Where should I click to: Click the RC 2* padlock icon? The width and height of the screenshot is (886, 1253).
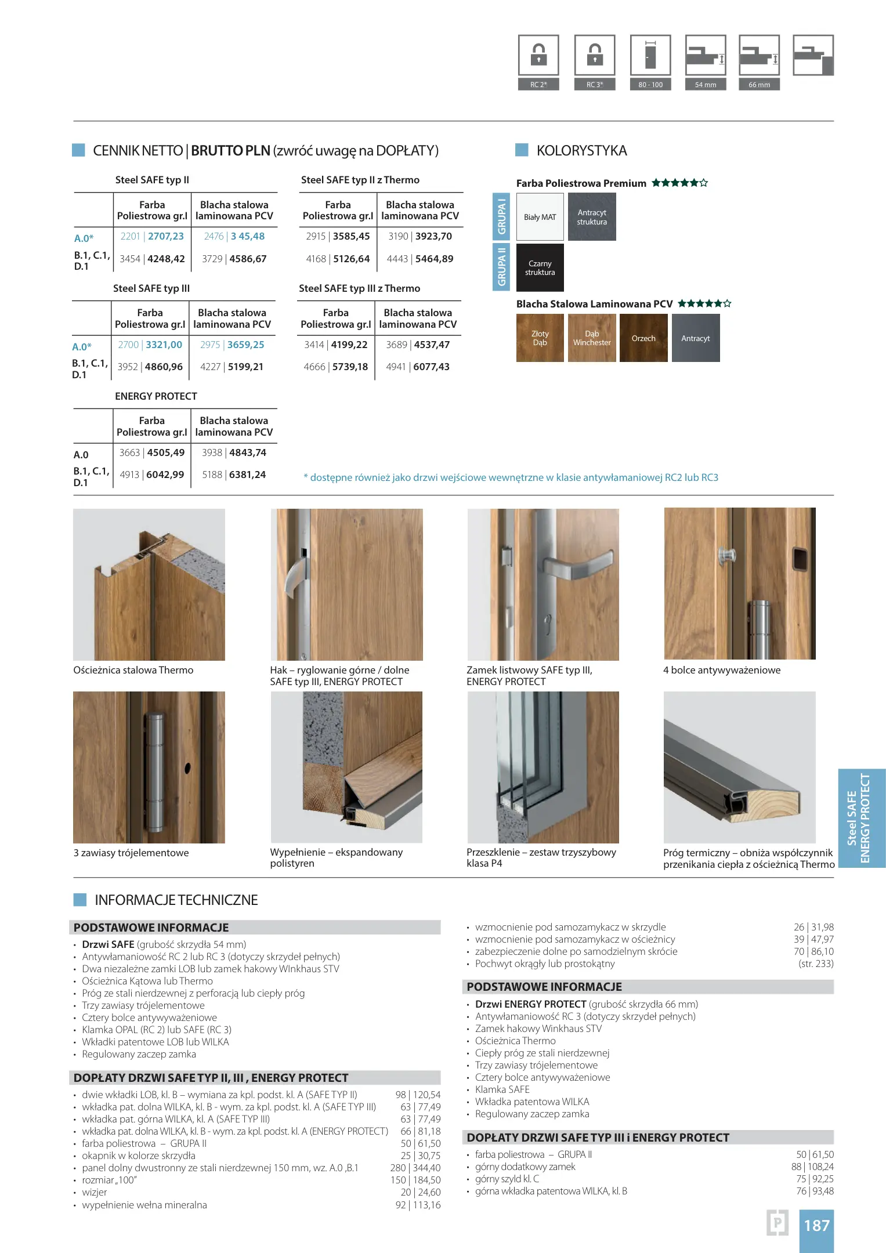pos(538,55)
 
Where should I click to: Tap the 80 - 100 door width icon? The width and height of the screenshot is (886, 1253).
pos(650,55)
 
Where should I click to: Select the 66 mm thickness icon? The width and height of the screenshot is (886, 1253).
pos(759,55)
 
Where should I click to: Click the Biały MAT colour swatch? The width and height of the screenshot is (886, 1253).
pos(540,217)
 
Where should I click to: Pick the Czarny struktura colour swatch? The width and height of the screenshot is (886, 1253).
pos(540,268)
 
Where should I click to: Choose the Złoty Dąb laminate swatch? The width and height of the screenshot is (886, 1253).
pos(540,338)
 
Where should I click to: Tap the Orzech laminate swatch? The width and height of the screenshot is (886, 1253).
pos(643,338)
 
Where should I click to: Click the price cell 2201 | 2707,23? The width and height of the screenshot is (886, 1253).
pos(152,237)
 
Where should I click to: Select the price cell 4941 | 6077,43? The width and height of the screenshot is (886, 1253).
pos(418,367)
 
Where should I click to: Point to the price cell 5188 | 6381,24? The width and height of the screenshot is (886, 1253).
pos(234,475)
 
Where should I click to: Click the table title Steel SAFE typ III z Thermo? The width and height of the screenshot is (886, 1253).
pos(359,289)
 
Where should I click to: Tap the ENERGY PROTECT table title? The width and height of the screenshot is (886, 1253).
pos(156,397)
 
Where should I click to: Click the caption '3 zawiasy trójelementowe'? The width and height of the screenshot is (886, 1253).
pos(131,853)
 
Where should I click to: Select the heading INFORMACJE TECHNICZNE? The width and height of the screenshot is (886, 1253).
pos(176,900)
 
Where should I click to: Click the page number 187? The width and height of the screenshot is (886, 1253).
pos(816,1226)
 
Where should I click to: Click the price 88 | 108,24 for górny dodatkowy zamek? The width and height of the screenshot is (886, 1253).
pos(812,1167)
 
